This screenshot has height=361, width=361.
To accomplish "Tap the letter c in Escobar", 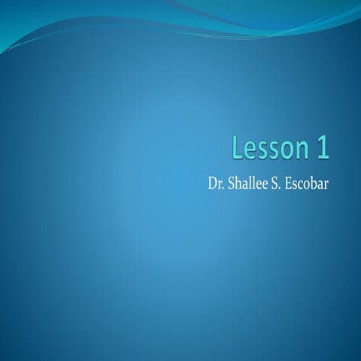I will click(305, 184).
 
